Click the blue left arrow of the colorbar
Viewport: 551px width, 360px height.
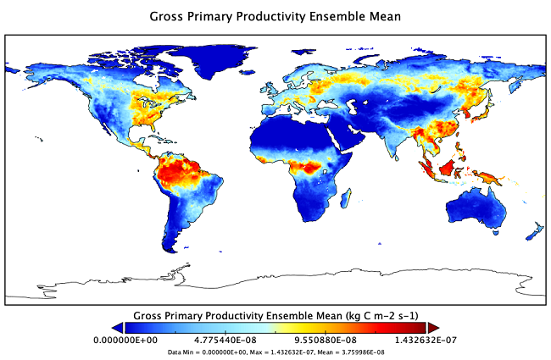118,327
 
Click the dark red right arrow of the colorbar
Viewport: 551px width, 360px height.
432,327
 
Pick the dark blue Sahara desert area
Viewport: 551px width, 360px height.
280,135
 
